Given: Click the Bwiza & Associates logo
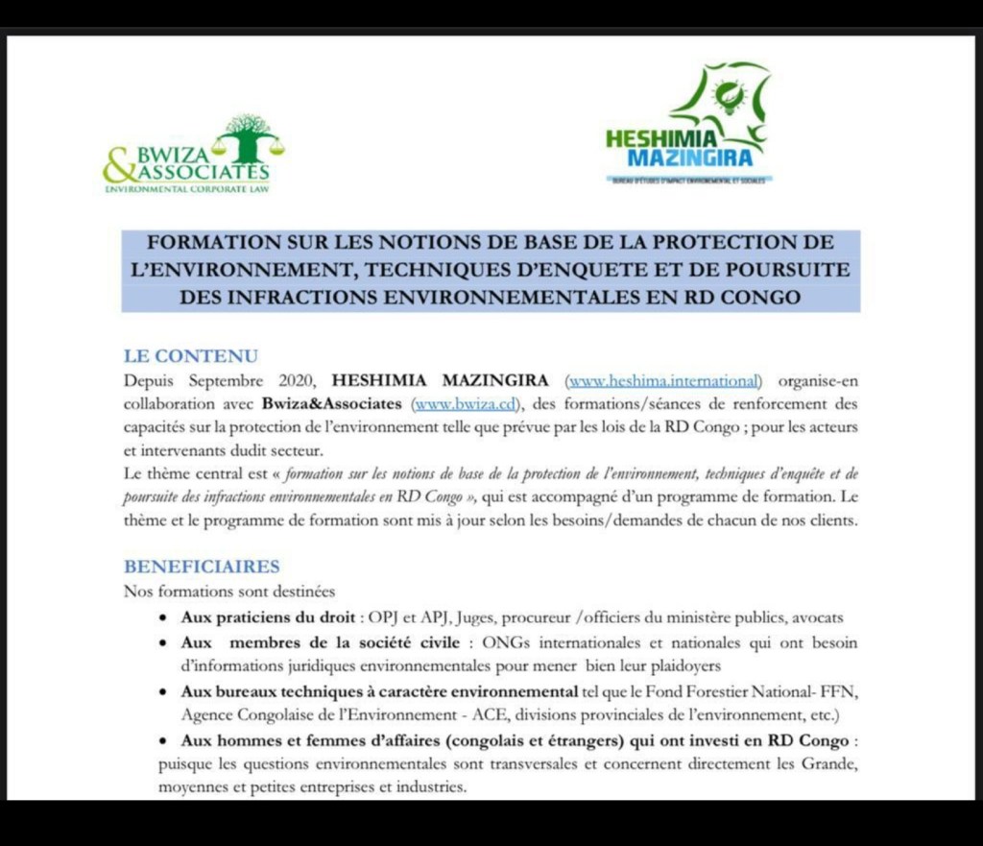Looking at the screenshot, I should (192, 156).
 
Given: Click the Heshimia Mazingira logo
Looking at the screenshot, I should (688, 125).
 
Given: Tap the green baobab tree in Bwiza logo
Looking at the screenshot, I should (248, 136).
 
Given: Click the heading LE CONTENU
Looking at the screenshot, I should (191, 356).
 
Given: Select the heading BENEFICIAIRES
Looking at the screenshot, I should (202, 567).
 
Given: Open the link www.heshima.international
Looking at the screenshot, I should (665, 380).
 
